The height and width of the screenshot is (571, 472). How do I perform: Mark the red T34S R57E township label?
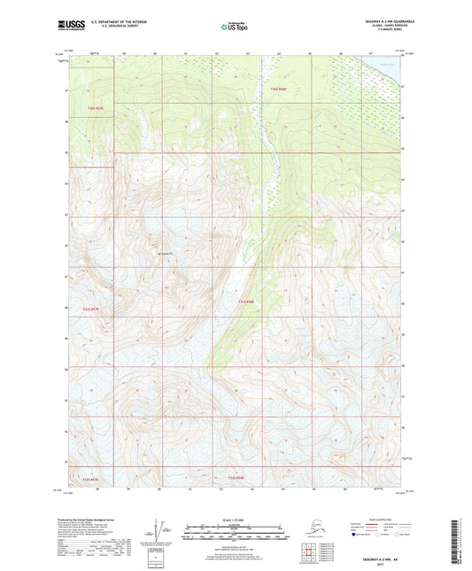click(x=81, y=480)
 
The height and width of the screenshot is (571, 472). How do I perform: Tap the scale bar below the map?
click(x=235, y=536)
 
